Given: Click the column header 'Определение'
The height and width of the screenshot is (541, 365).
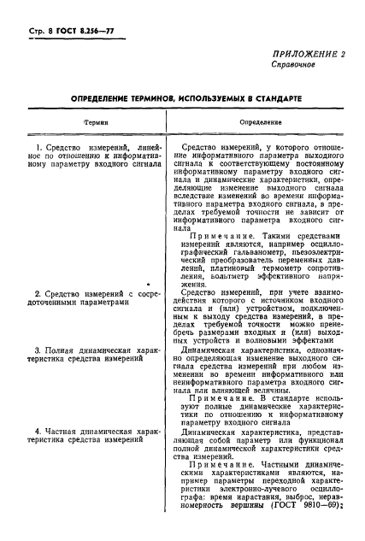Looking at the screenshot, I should (256, 122).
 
